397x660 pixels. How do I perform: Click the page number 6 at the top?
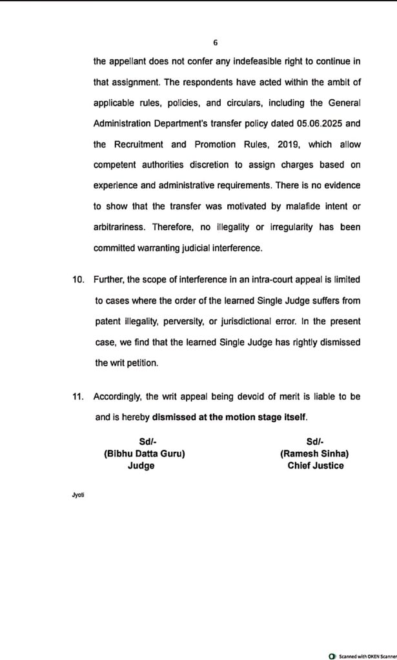(215, 43)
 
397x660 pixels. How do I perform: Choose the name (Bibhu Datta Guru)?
(145, 454)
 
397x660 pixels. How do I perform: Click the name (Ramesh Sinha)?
(316, 454)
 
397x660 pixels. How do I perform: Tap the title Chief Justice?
(316, 465)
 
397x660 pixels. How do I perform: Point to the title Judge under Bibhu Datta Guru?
(141, 465)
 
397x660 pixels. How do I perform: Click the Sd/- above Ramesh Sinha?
(315, 442)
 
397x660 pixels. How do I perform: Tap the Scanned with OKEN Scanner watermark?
(363, 654)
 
